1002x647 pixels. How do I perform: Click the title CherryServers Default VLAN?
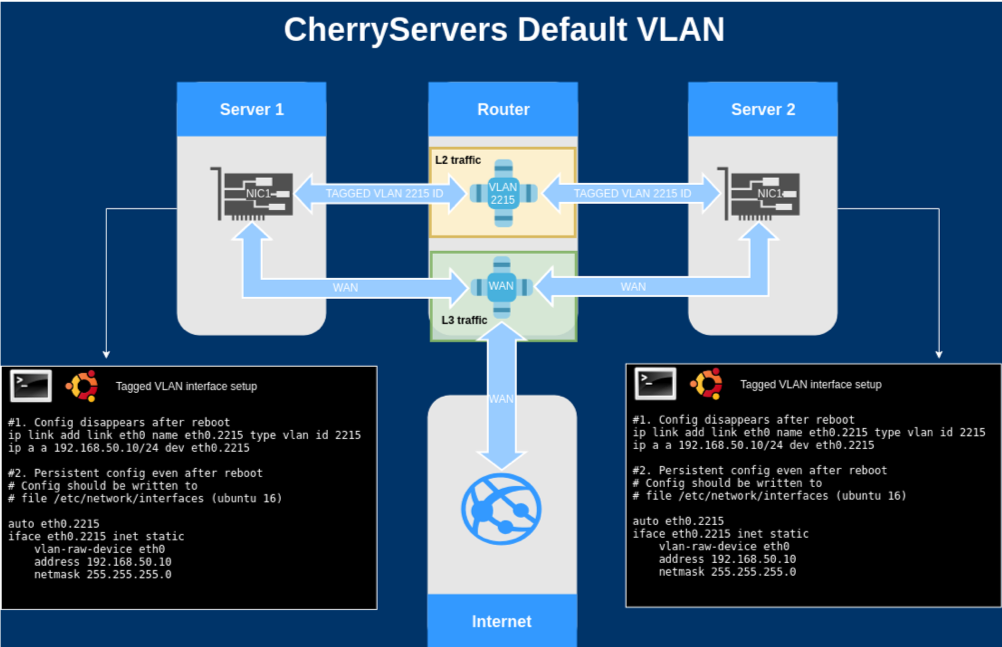tap(504, 29)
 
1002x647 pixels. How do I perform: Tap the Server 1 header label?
tap(252, 109)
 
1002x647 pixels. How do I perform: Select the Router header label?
tap(504, 109)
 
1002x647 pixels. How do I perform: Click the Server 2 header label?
tap(763, 109)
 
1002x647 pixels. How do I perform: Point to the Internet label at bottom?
tap(502, 621)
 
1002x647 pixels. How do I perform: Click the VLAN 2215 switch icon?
tap(503, 193)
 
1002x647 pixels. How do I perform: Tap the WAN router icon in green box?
tap(502, 286)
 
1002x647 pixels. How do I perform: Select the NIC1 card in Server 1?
tap(252, 194)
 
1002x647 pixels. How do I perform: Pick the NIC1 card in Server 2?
tap(759, 194)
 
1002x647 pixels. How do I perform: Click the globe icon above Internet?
tap(502, 509)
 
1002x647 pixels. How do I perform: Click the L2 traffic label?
tap(458, 160)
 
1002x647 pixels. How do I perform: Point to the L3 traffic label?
tap(464, 320)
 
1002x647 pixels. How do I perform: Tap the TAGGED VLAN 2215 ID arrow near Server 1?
tap(382, 193)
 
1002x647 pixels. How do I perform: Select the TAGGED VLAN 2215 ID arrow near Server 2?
tap(633, 193)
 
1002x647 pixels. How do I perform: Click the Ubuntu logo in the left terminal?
tap(82, 386)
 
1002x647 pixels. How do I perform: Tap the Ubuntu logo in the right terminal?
tap(706, 384)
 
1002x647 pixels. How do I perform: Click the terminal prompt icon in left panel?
tap(31, 386)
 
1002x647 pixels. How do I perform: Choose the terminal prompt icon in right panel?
tap(656, 384)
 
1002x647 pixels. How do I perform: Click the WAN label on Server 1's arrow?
tap(345, 288)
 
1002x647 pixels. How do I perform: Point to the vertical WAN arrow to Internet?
tap(502, 396)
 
